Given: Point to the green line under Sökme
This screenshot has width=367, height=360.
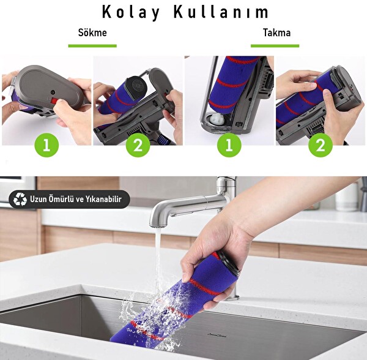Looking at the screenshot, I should (92, 45).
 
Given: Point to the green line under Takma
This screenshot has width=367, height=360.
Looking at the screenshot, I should (275, 45).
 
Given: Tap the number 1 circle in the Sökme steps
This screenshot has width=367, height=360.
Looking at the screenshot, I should (46, 146).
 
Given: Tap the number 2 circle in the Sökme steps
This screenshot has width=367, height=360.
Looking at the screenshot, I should (138, 146).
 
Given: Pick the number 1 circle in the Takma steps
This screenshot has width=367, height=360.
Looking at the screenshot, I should (229, 146).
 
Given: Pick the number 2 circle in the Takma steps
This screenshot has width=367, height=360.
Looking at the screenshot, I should (321, 146).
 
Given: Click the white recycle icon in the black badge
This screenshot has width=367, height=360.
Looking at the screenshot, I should (20, 199).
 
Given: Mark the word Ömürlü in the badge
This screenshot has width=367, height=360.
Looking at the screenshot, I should (65, 200).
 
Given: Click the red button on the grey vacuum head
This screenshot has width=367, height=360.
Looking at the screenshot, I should (54, 100).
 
